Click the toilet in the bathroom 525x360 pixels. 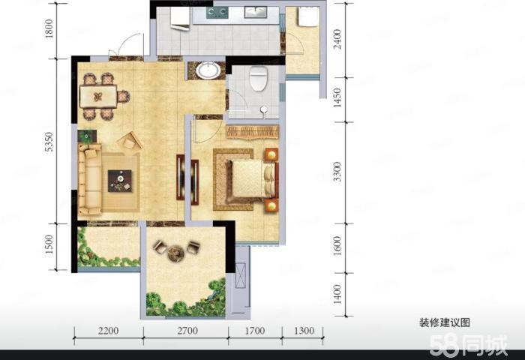(x=259, y=79)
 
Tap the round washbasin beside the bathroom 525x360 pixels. (x=208, y=70)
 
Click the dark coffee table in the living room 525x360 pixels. (x=119, y=181)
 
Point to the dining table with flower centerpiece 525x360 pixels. (x=98, y=97)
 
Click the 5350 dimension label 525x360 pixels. (x=49, y=142)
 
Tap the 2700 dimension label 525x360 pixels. (x=187, y=331)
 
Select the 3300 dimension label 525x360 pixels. (x=337, y=172)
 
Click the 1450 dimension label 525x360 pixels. (x=337, y=97)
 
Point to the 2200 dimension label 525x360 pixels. (x=109, y=331)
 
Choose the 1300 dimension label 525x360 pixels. (x=304, y=331)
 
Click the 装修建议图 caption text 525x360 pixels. (x=445, y=322)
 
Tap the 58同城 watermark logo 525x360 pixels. (x=469, y=345)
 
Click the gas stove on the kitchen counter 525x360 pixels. (x=217, y=13)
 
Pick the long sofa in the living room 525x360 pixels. (x=89, y=179)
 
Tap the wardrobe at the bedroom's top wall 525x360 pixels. (x=253, y=132)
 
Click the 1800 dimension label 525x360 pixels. (x=49, y=28)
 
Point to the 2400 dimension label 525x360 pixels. (x=337, y=39)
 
